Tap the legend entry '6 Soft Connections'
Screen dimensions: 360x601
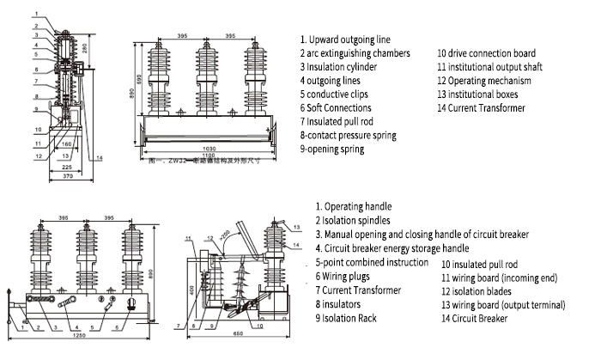(336, 107)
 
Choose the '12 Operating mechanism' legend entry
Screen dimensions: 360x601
(484, 80)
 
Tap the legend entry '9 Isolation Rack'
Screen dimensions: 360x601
(348, 318)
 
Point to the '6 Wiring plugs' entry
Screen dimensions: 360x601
(345, 276)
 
